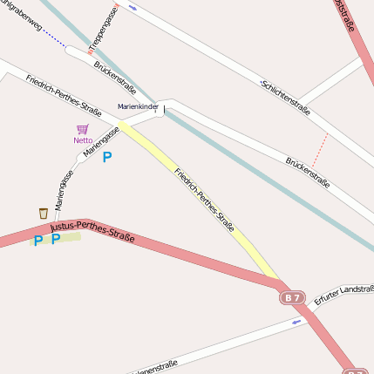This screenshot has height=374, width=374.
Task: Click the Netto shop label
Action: (x=83, y=139)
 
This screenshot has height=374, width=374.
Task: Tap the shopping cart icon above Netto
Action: (x=83, y=129)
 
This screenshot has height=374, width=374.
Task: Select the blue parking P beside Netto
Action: (x=107, y=157)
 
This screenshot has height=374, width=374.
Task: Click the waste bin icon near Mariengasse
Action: (x=43, y=213)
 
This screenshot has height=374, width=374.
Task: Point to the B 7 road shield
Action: (x=292, y=298)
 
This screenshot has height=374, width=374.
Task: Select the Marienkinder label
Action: (x=138, y=107)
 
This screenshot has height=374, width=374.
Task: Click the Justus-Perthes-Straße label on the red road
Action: (x=92, y=231)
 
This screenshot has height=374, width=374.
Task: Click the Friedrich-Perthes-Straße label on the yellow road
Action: (x=204, y=200)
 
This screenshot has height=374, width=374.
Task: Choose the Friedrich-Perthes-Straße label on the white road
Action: (x=63, y=94)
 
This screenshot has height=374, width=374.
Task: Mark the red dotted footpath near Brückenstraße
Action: (x=320, y=149)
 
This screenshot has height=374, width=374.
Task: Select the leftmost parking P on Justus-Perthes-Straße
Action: (x=38, y=240)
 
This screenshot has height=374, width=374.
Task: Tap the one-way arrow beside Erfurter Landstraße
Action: (x=298, y=322)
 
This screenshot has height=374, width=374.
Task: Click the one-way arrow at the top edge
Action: (x=133, y=7)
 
